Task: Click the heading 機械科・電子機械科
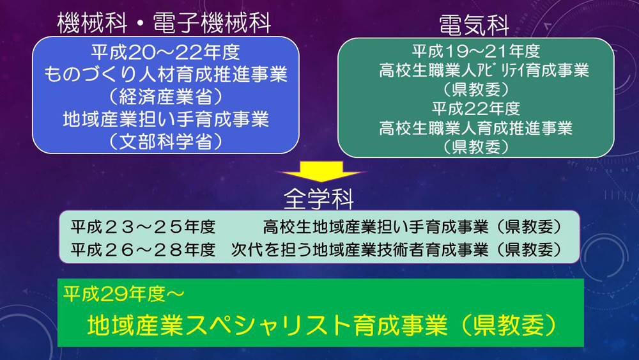[x=164, y=23]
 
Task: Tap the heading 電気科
[x=474, y=25]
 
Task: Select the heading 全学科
[x=319, y=199]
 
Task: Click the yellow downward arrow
[x=321, y=171]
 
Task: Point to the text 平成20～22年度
[x=166, y=52]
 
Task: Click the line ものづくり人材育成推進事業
[x=166, y=74]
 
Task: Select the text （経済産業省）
[x=166, y=97]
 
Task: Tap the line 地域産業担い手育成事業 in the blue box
[x=166, y=120]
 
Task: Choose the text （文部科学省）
[x=166, y=142]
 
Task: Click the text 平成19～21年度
[x=475, y=51]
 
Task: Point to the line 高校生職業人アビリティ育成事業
[x=484, y=70]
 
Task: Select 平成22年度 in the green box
[x=475, y=109]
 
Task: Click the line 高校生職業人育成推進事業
[x=475, y=128]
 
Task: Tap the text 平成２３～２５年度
[x=142, y=227]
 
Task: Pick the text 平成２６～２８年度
[x=142, y=249]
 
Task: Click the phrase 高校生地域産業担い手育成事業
[x=375, y=227]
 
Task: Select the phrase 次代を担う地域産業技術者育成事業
[x=359, y=249]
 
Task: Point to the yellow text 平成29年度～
[x=124, y=294]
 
